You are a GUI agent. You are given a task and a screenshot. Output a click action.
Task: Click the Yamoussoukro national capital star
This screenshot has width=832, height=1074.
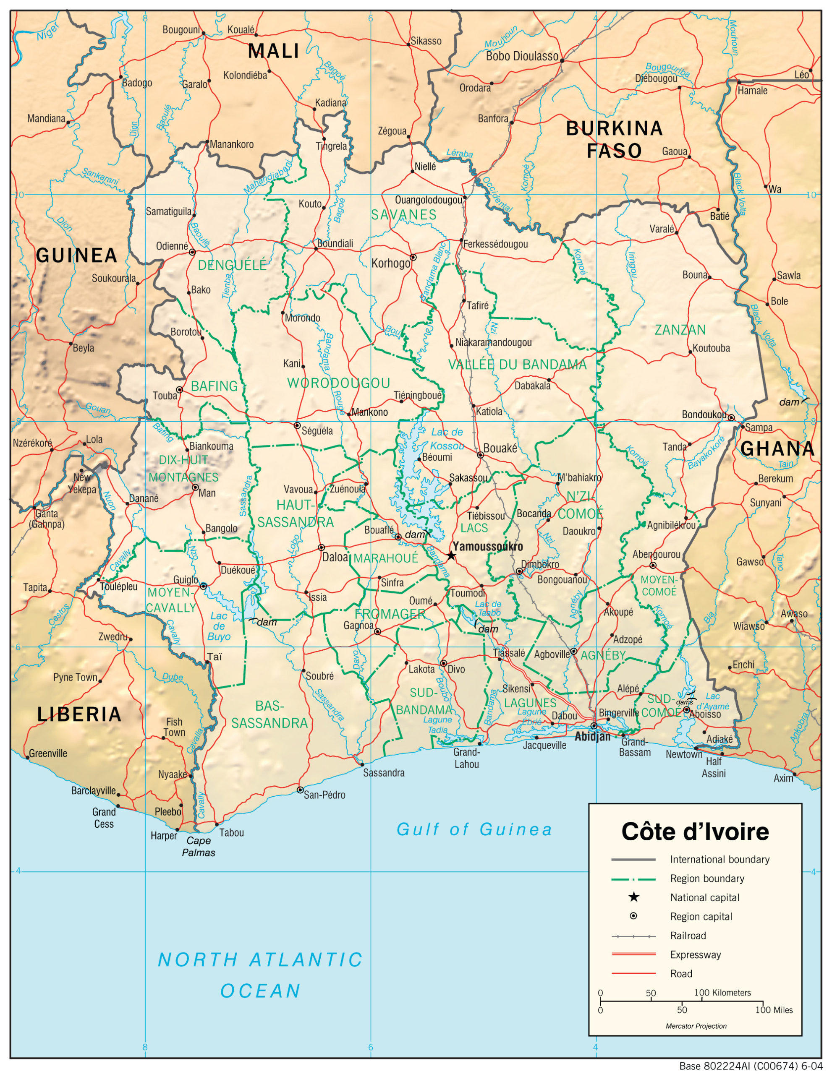tap(451, 556)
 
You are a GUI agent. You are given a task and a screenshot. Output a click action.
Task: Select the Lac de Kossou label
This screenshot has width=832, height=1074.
tap(447, 439)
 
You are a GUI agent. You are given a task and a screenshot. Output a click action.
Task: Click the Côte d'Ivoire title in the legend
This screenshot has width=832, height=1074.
tap(695, 832)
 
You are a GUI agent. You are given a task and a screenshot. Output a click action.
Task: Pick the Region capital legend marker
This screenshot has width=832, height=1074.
tap(634, 916)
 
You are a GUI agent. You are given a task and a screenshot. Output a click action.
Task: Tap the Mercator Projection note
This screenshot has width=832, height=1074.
tap(696, 1026)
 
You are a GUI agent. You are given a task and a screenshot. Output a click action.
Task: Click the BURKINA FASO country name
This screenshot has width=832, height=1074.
tap(614, 139)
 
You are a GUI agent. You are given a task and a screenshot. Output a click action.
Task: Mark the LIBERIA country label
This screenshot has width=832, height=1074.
tap(79, 714)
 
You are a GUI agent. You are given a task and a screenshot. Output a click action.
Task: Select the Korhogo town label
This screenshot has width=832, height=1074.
tap(391, 263)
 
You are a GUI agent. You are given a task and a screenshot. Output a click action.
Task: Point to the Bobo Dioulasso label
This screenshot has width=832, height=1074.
tap(522, 56)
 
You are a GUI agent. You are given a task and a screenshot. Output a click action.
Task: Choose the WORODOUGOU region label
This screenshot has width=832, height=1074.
tap(338, 383)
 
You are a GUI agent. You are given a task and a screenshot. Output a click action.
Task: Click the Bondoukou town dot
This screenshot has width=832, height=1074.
tap(731, 417)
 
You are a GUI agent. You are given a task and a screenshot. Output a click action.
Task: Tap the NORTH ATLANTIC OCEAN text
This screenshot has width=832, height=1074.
tap(260, 975)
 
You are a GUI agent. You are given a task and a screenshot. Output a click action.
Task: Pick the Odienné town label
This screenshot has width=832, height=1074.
tap(172, 246)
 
